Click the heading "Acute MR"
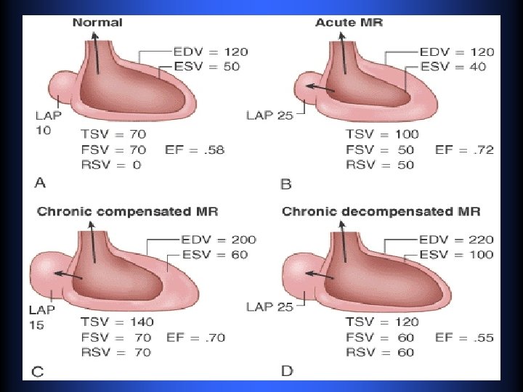[349, 23]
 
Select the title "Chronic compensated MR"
[127, 212]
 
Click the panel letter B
[285, 184]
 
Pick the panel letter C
[37, 372]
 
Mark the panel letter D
[287, 371]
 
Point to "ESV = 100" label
[458, 254]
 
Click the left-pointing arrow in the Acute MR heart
[319, 87]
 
